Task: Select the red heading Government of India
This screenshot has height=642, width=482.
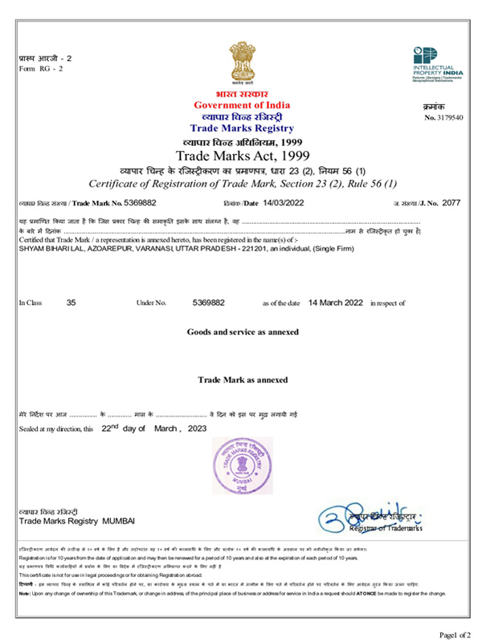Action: click(x=242, y=106)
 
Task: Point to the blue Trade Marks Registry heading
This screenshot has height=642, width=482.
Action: click(x=242, y=128)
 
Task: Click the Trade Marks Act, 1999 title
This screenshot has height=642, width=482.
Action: click(x=242, y=155)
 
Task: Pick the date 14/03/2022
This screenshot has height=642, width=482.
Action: click(x=288, y=203)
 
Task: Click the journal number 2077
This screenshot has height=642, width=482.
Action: click(x=451, y=203)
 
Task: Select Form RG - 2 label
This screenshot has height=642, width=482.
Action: click(x=40, y=67)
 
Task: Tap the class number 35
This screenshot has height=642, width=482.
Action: click(x=71, y=303)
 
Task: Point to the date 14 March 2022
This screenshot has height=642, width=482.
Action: click(x=336, y=303)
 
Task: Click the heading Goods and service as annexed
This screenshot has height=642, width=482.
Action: click(x=242, y=331)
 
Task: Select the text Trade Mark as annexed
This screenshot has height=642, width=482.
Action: click(x=242, y=379)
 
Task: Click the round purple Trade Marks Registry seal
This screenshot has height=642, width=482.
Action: click(x=242, y=469)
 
